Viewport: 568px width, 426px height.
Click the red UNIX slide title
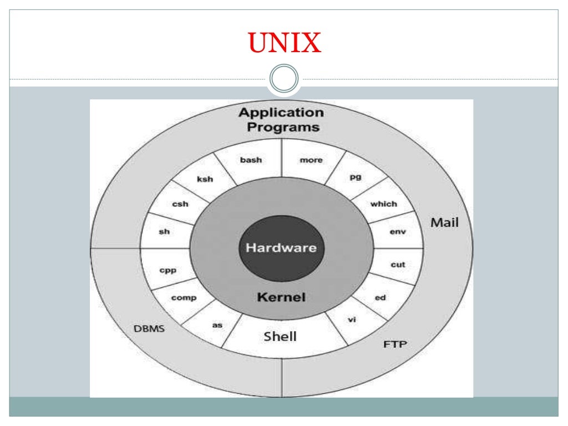click(285, 43)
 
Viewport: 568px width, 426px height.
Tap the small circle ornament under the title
click(284, 78)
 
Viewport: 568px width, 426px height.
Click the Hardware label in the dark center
click(281, 247)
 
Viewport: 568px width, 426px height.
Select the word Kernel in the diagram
click(281, 297)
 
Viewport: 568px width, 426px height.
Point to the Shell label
click(280, 336)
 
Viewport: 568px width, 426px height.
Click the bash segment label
click(251, 160)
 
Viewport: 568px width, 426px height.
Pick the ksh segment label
click(205, 179)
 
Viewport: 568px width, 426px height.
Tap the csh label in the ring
click(180, 204)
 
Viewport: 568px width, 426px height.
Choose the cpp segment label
click(168, 270)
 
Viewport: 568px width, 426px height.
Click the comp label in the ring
click(184, 298)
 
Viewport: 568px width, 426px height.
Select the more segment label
click(311, 160)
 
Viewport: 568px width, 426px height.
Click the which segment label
click(384, 204)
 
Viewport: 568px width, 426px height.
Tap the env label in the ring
click(398, 231)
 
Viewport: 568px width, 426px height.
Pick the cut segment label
click(398, 265)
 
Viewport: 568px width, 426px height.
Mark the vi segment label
click(351, 319)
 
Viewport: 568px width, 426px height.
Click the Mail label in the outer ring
click(445, 223)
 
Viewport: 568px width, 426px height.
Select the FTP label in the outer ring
click(395, 344)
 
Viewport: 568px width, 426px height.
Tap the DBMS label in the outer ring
click(149, 328)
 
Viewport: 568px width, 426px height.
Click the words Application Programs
click(281, 120)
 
